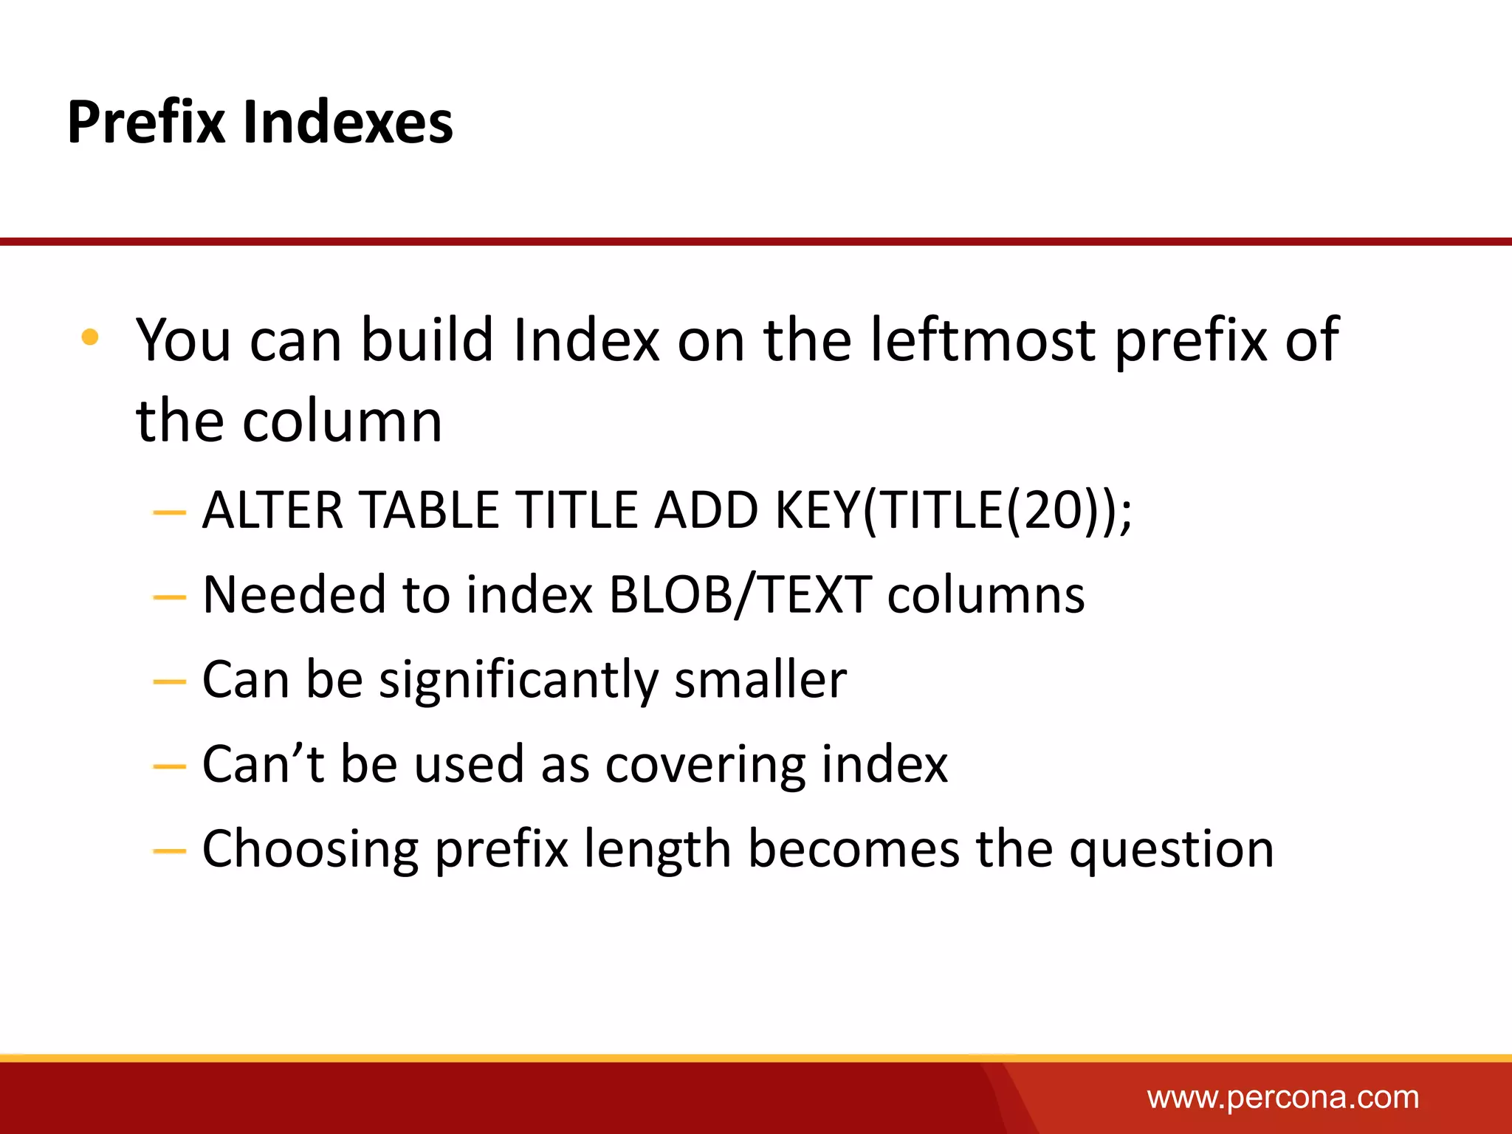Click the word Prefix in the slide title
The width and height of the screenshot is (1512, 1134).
click(145, 123)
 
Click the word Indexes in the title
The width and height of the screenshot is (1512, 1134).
click(348, 123)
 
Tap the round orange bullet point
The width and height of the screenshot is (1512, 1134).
click(90, 337)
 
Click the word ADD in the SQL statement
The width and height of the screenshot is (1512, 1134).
click(707, 510)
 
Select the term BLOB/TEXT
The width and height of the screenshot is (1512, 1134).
click(740, 595)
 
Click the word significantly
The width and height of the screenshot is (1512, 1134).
click(518, 680)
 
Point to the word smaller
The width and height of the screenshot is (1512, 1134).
click(760, 680)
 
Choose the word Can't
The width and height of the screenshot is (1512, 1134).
click(263, 764)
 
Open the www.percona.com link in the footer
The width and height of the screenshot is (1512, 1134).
click(1282, 1098)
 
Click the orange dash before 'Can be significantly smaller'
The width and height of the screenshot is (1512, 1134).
click(169, 681)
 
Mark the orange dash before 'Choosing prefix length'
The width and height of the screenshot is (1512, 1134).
click(169, 851)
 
